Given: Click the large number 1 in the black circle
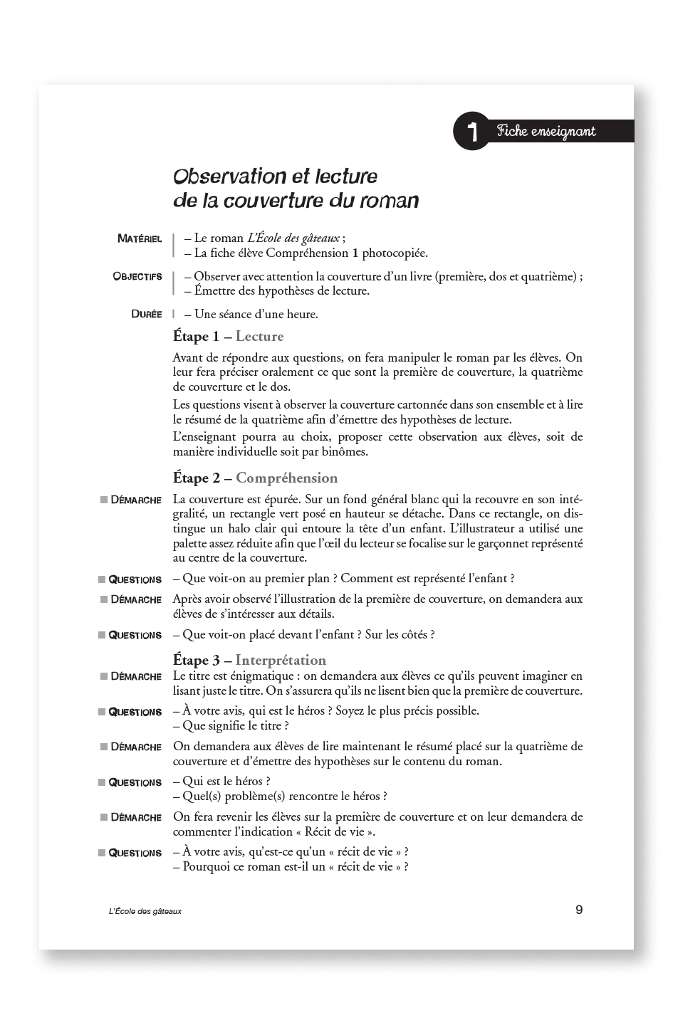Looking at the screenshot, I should pyautogui.click(x=471, y=131).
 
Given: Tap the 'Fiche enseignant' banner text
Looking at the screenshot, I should pyautogui.click(x=546, y=131).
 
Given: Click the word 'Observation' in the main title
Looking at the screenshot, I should pyautogui.click(x=221, y=176).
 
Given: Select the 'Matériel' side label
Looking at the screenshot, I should pyautogui.click(x=140, y=239).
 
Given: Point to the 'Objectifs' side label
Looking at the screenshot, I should pyautogui.click(x=137, y=276).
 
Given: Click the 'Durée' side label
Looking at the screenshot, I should pyautogui.click(x=147, y=314).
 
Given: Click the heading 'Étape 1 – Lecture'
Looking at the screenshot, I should pyautogui.click(x=228, y=336).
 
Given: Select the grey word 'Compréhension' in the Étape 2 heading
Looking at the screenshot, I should pyautogui.click(x=286, y=478).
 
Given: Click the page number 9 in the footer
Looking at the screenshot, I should pyautogui.click(x=579, y=909).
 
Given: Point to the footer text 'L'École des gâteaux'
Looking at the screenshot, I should pyautogui.click(x=140, y=911).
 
